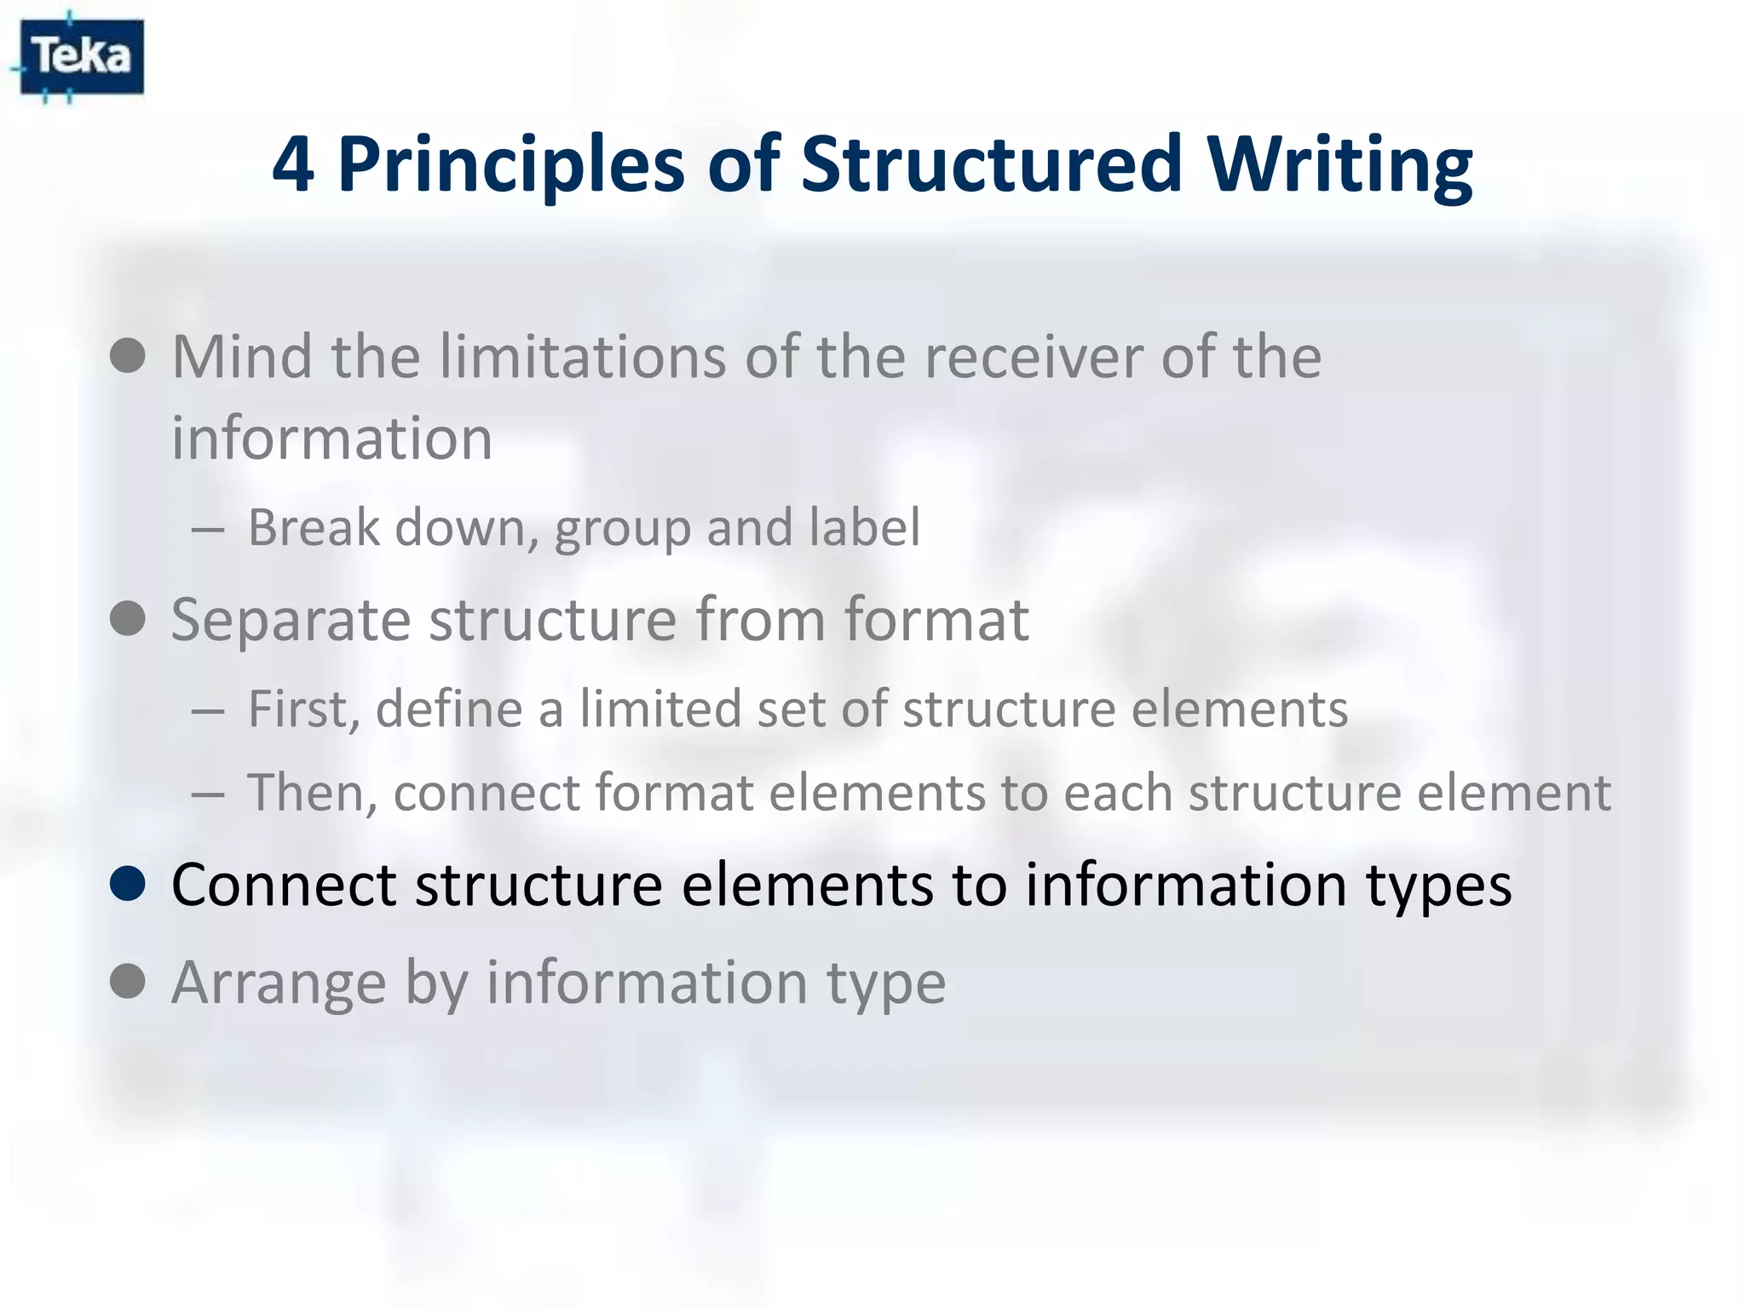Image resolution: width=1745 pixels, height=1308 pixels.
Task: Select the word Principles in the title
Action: [511, 163]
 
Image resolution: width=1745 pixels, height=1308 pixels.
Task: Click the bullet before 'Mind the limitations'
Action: [128, 355]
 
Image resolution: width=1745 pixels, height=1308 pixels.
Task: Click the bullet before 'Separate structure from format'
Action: [128, 618]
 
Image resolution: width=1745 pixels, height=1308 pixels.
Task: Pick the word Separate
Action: [291, 620]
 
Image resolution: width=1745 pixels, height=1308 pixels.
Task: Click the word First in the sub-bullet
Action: [302, 708]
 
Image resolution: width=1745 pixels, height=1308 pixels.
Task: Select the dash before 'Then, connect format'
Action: [209, 794]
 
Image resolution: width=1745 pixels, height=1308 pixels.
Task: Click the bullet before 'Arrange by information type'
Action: [128, 981]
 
